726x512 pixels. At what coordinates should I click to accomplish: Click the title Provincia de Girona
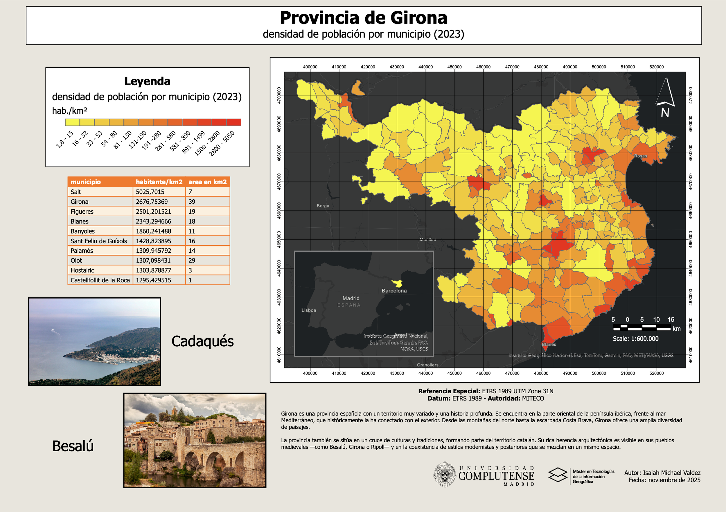[363, 18]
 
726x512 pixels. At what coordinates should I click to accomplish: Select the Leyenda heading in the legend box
[147, 81]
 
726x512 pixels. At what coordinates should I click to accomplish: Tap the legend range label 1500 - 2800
[207, 144]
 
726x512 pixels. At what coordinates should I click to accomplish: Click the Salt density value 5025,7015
[150, 192]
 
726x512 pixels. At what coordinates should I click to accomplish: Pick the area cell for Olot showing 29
[192, 260]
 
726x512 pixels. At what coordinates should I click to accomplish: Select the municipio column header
[86, 182]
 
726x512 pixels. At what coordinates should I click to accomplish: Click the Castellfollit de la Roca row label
[100, 280]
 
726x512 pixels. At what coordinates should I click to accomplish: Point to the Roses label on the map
[640, 156]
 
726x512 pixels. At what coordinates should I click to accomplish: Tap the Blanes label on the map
[549, 344]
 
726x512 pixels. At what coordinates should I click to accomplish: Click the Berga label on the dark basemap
[323, 206]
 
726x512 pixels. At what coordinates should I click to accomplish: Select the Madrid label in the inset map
[351, 298]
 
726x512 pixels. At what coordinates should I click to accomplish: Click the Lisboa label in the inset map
[309, 310]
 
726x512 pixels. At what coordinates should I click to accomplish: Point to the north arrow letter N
[665, 113]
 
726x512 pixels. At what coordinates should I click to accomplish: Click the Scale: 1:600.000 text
[636, 339]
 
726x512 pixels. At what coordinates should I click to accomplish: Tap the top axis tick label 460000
[483, 67]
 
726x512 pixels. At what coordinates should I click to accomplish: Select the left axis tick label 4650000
[279, 239]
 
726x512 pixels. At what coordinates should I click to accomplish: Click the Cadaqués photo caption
[202, 341]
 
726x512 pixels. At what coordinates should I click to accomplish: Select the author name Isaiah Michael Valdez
[671, 473]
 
